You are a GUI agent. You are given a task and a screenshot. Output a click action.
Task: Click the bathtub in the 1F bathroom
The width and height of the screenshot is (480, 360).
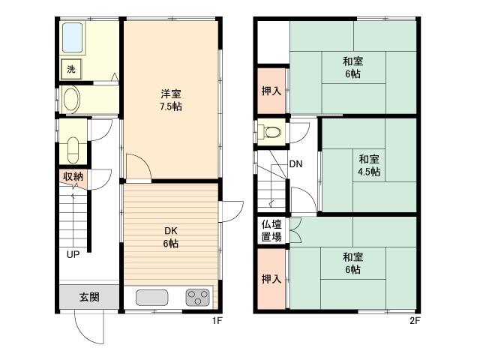coord(73,37)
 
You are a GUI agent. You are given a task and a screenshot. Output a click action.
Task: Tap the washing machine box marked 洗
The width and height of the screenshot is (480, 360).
coord(71,69)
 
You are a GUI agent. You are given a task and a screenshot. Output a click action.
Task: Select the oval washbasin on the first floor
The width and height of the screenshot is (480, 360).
coord(72,100)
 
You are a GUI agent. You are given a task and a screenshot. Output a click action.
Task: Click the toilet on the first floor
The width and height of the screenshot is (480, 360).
coord(73,150)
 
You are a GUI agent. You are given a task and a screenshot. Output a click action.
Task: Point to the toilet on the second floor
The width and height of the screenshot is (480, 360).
coord(271,132)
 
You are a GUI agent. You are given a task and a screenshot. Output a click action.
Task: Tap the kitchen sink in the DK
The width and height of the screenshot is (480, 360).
coord(151,298)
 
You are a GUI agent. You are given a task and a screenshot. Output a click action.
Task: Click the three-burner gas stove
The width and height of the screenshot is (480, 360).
coord(198,298)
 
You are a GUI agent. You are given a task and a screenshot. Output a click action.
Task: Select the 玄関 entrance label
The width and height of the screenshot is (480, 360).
coord(89,297)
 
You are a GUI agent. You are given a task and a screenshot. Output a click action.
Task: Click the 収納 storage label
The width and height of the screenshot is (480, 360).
coord(73,176)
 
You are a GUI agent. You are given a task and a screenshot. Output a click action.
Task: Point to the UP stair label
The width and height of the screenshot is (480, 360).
coord(73,254)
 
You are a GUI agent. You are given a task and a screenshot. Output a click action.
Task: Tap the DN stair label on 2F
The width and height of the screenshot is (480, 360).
coord(295,164)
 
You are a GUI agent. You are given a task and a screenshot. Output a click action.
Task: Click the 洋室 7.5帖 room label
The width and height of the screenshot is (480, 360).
coord(171,100)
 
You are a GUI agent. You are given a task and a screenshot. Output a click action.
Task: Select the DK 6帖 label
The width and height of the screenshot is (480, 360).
coord(171,237)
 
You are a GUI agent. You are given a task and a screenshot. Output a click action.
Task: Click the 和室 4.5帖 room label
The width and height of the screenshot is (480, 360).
coord(369,165)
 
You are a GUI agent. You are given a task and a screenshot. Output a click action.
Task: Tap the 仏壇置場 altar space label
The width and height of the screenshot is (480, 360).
coord(271,230)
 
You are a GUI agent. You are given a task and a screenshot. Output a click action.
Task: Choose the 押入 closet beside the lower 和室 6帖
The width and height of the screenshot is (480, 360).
coord(271,279)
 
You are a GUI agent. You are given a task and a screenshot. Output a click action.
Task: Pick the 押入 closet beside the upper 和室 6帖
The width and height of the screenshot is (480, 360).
coord(271,91)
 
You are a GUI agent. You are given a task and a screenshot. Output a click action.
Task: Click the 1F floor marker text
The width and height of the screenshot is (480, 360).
coord(217,321)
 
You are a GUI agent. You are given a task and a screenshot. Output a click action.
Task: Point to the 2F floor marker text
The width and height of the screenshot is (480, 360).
coord(415,321)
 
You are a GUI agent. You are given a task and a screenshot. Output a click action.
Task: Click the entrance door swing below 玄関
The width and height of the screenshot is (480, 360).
coord(89,327)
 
